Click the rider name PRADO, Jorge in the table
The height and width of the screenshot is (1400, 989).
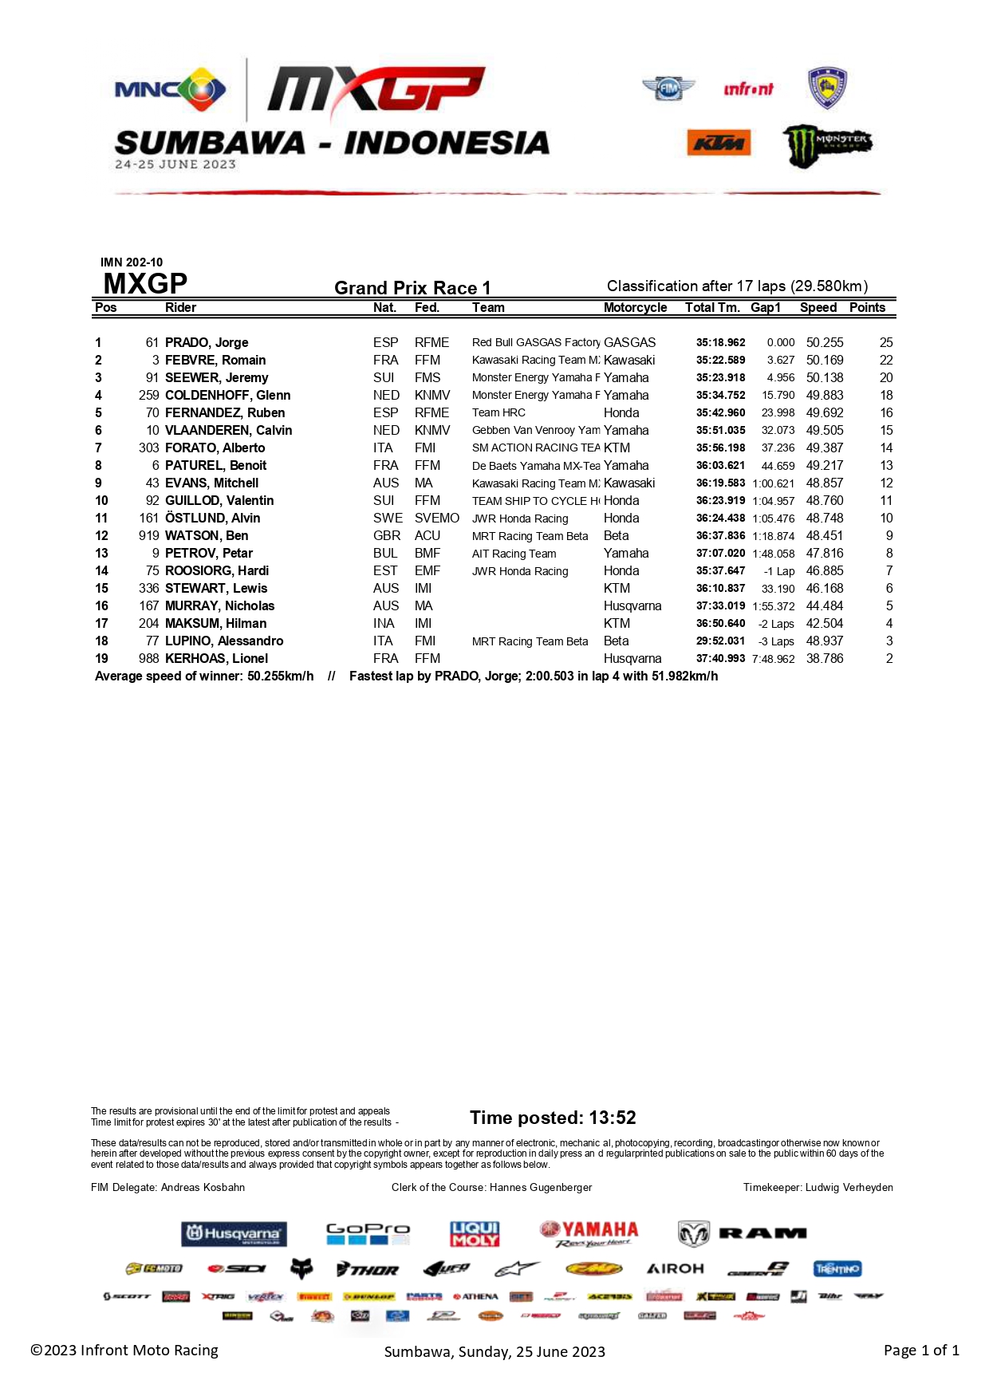coord(207,343)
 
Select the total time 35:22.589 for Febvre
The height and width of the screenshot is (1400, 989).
coord(720,361)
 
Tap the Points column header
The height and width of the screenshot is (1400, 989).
coord(867,308)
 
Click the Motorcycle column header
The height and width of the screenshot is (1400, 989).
coord(635,308)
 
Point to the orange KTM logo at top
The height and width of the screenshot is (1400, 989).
coord(719,143)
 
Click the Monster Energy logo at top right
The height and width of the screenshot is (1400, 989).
coord(827,145)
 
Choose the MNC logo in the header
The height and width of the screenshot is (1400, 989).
coord(170,89)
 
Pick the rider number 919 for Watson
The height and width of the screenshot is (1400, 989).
coord(149,536)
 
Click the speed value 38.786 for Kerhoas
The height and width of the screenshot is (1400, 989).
coord(824,659)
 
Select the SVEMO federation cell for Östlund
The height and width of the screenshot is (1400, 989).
coord(436,519)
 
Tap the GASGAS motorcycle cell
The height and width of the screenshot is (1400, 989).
coord(629,343)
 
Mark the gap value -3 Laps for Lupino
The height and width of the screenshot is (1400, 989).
coord(776,641)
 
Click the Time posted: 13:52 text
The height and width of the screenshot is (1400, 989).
coord(553,1118)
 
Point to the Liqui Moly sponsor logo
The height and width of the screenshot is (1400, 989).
coord(475,1234)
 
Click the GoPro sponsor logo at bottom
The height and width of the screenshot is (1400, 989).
coord(368,1233)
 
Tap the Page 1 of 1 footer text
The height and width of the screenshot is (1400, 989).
coord(921,1351)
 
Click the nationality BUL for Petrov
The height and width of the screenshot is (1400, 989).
coord(385,554)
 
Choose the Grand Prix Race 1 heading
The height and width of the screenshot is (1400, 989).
coord(412,288)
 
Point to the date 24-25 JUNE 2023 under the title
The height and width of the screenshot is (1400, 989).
coord(175,164)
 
